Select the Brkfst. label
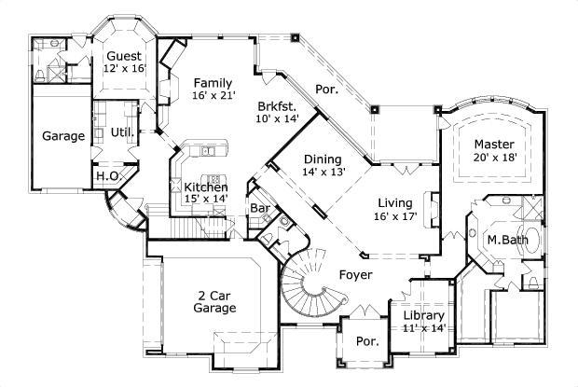(x=276, y=105)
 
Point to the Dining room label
(x=322, y=159)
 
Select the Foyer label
(x=356, y=275)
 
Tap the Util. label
(x=122, y=133)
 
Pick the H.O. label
(x=105, y=175)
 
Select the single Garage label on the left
(x=63, y=136)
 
